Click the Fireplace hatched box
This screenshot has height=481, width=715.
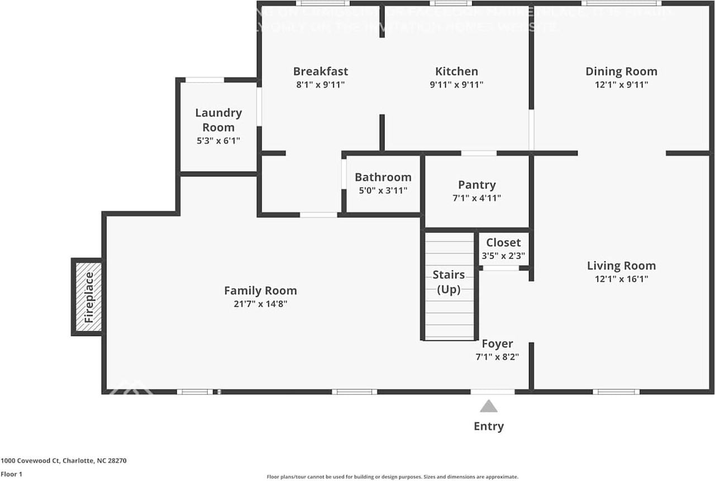88,297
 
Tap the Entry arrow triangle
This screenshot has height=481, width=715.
489,406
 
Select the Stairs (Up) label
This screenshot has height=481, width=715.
449,282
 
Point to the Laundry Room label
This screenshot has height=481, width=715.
218,120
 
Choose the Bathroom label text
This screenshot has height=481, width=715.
383,177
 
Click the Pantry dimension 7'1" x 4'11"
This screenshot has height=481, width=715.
476,198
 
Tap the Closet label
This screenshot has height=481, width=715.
503,242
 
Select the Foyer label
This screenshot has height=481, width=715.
497,344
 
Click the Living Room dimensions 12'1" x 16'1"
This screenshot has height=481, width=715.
621,279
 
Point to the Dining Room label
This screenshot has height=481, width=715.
621,72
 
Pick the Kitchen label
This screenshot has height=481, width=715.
456,72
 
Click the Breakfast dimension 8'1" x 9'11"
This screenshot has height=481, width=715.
320,85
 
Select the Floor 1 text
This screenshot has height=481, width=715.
12,474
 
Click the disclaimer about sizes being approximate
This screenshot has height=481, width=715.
393,477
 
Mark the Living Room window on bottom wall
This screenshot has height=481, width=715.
616,392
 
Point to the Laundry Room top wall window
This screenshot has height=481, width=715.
204,80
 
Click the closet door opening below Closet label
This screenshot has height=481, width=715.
500,269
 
